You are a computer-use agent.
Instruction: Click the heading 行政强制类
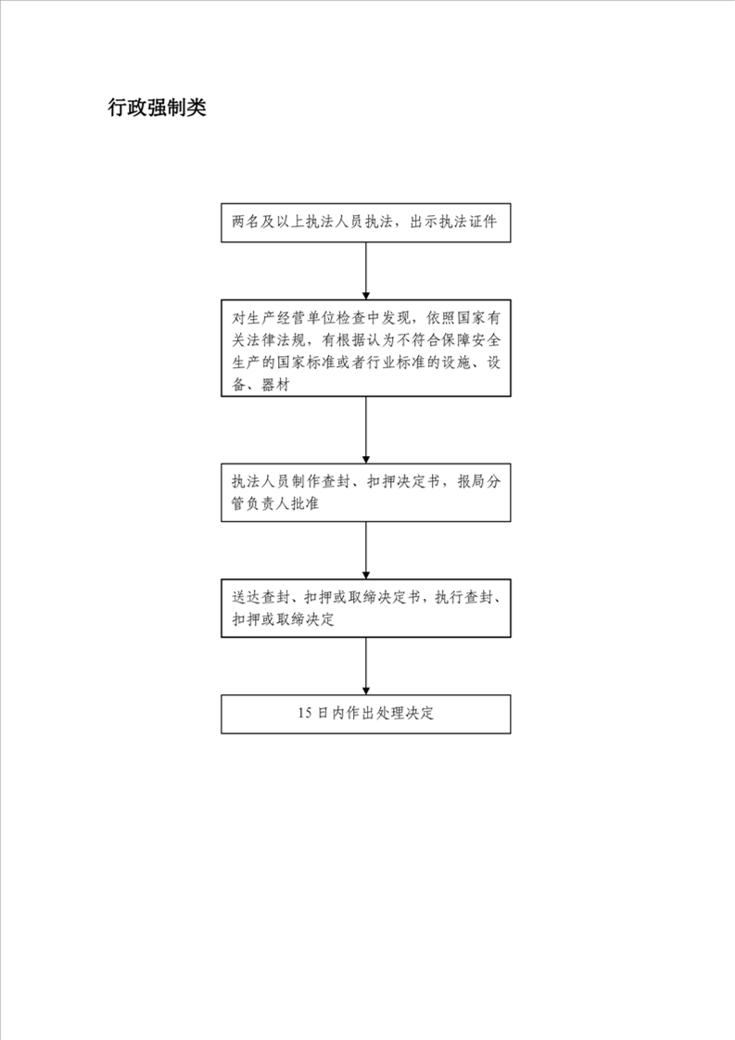(158, 108)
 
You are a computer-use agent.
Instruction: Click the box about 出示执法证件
(365, 222)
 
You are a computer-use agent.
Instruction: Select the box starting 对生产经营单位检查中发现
(365, 349)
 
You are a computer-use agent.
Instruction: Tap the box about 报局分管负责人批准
(365, 493)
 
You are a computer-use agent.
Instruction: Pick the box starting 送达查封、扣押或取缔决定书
(365, 608)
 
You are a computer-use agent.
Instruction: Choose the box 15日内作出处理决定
(365, 715)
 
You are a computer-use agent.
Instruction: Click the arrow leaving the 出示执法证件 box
(365, 271)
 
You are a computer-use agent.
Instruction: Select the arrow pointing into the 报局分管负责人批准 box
(365, 430)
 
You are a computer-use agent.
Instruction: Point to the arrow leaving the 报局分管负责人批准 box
(365, 551)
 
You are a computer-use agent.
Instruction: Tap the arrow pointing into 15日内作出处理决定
(365, 666)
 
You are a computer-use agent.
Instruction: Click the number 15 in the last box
(305, 714)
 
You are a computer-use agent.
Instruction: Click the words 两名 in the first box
(246, 222)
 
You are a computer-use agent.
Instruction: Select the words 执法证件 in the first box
(468, 222)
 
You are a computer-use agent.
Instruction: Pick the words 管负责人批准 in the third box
(275, 503)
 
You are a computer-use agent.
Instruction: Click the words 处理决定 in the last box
(405, 714)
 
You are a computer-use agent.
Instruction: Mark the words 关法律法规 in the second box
(268, 340)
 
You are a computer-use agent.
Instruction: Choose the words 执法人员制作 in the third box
(275, 481)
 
